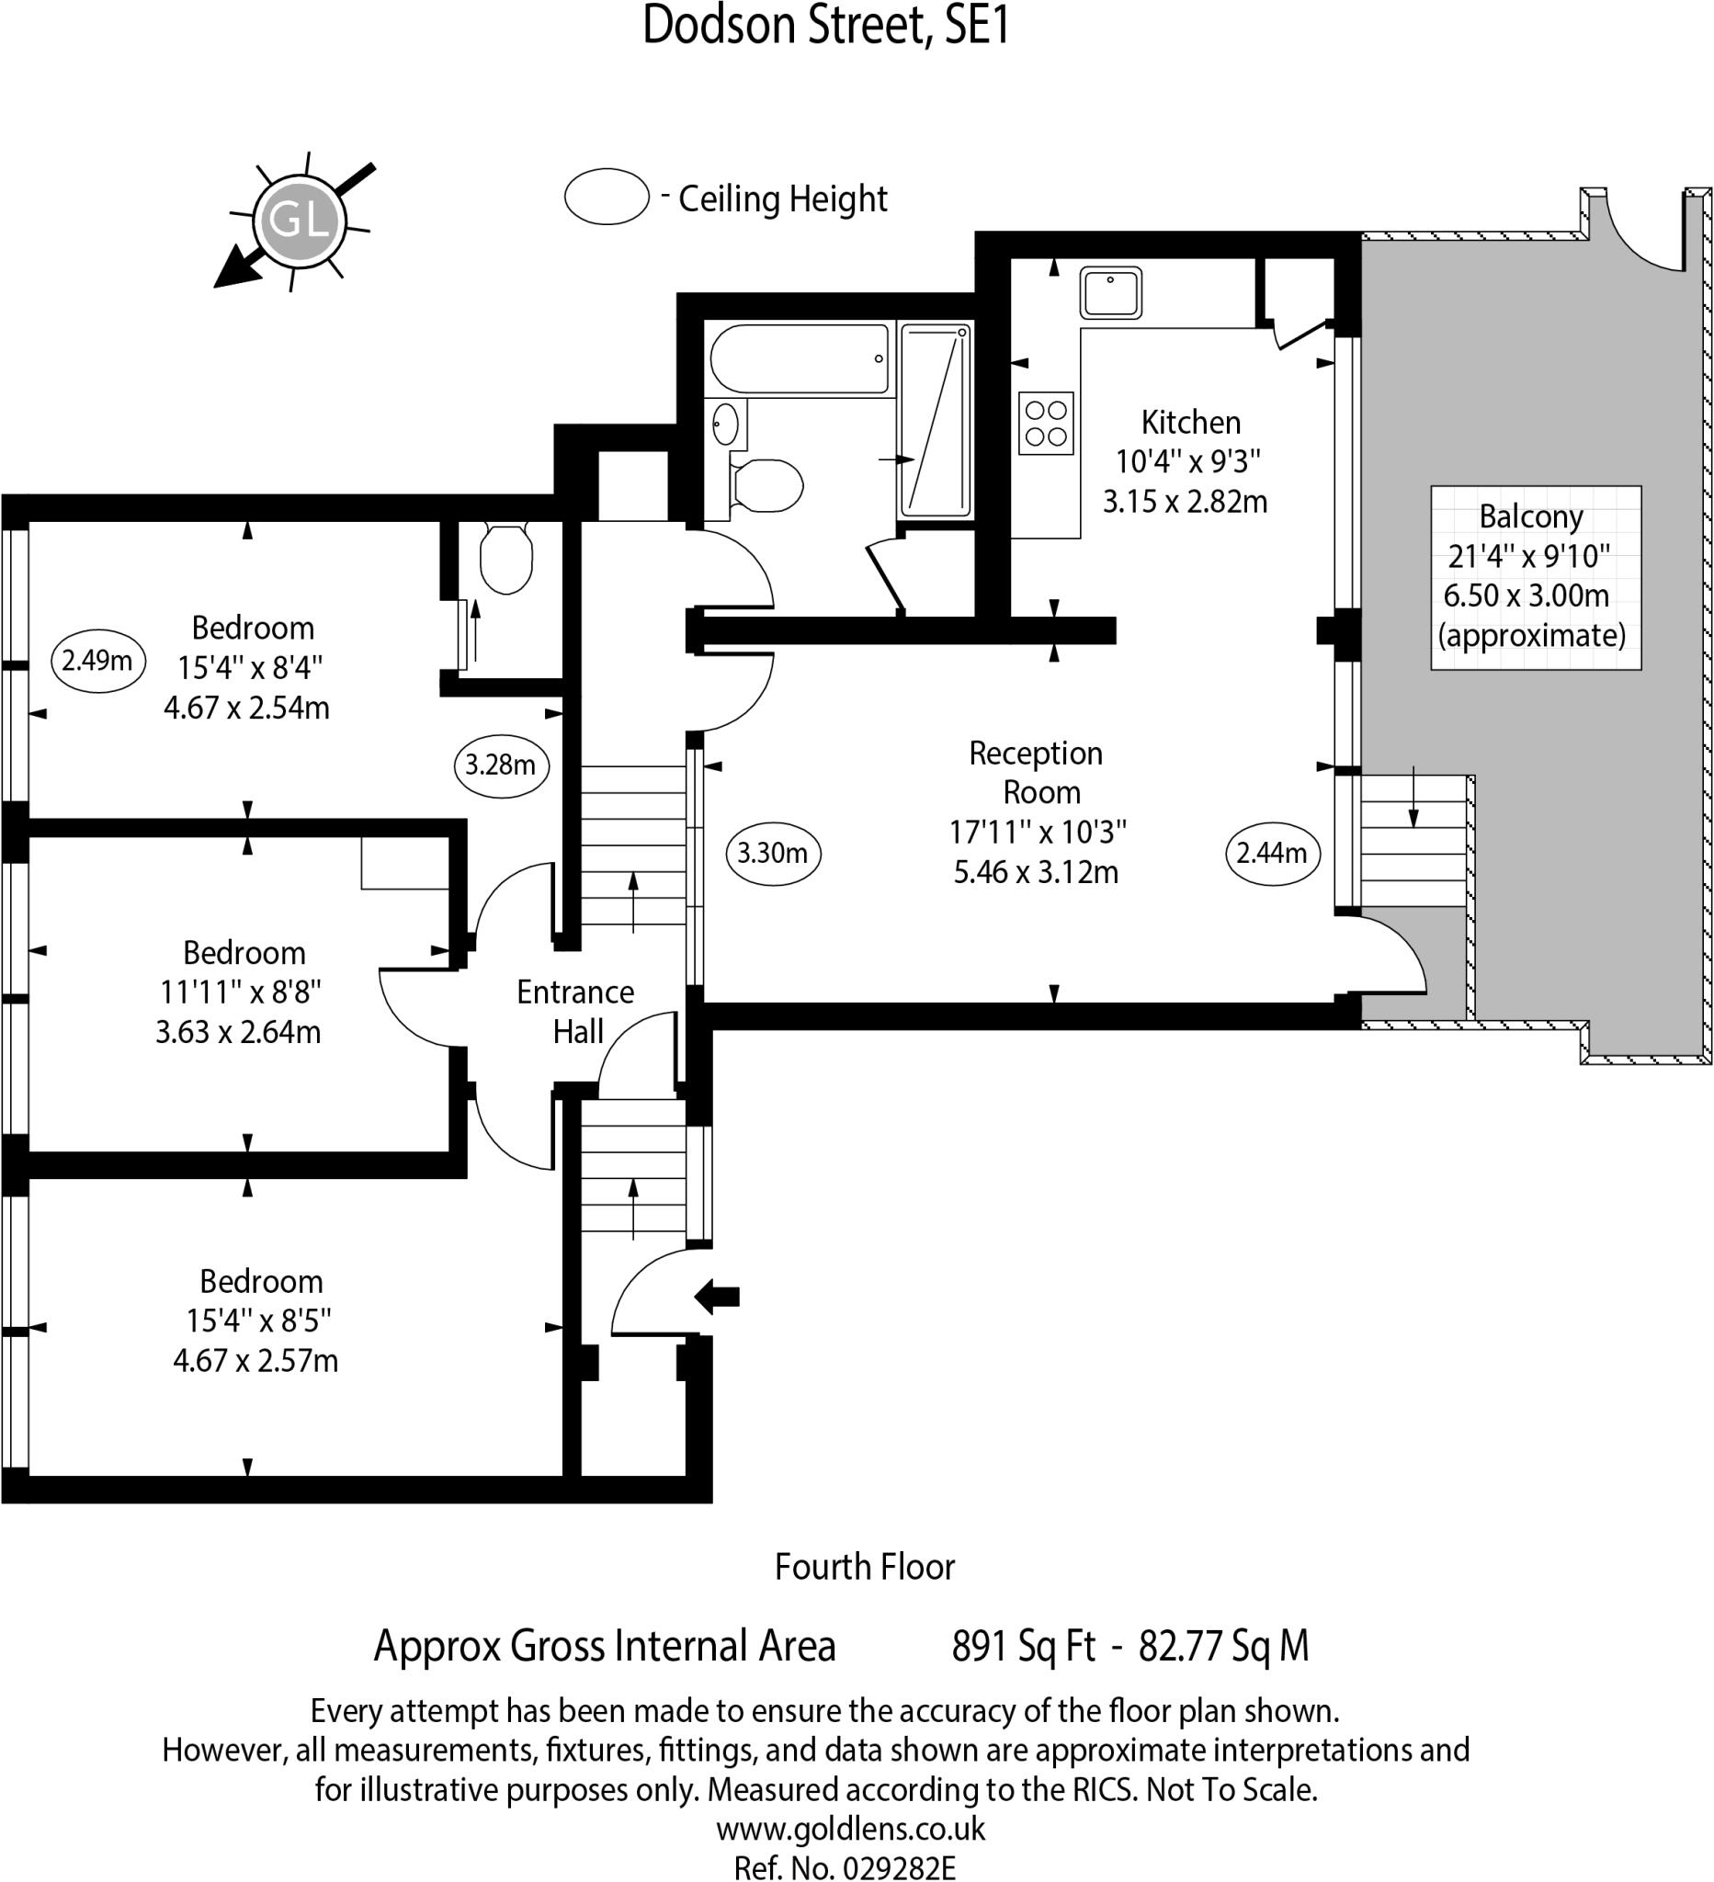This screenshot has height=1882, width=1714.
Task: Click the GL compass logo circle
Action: point(299,221)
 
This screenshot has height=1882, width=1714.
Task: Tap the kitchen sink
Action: point(1111,292)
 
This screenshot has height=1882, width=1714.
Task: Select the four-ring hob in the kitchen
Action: point(1046,423)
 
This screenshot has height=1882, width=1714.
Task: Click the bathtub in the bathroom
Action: point(800,359)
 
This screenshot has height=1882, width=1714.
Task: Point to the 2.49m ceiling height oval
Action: point(97,661)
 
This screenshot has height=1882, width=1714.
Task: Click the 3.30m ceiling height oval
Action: point(772,852)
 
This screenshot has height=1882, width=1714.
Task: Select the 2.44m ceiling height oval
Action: point(1272,852)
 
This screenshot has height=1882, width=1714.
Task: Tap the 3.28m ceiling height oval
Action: point(500,765)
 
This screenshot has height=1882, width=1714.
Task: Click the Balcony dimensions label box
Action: point(1536,577)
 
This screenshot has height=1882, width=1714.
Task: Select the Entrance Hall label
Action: point(576,1011)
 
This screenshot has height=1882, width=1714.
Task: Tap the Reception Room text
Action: point(1037,772)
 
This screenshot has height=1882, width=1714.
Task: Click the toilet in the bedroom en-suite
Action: point(506,558)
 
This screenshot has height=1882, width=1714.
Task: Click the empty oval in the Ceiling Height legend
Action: point(607,197)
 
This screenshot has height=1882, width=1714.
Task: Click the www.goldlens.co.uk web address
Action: point(850,1828)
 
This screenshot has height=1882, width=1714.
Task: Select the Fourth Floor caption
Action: point(865,1567)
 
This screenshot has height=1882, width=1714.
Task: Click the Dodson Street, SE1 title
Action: point(826,25)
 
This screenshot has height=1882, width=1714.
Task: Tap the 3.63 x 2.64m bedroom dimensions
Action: point(238,1032)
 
